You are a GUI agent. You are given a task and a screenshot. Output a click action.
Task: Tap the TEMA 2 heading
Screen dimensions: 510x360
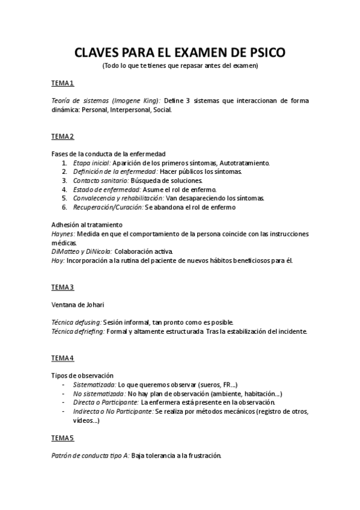click(x=63, y=136)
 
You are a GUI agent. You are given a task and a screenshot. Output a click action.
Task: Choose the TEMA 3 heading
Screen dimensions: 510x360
click(x=63, y=287)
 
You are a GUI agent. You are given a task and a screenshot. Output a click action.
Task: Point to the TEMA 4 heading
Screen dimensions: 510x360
click(x=63, y=358)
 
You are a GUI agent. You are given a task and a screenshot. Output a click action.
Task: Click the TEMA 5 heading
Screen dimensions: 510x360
click(x=63, y=437)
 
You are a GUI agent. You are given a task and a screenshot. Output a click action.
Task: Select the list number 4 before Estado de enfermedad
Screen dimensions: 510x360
click(x=64, y=189)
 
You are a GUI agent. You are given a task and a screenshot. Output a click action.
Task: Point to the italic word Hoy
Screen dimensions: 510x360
click(x=57, y=260)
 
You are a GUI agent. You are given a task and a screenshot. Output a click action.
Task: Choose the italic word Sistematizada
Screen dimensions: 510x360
click(x=94, y=384)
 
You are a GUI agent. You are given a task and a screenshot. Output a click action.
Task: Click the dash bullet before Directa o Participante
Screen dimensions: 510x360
click(x=64, y=402)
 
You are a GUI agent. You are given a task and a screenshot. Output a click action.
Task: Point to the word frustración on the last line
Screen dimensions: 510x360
click(x=202, y=455)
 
